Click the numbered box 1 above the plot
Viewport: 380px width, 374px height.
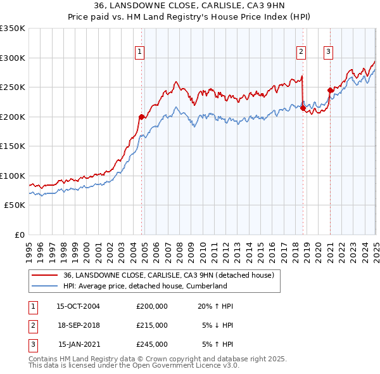pyautogui.click(x=139, y=53)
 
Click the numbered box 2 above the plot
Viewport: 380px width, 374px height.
pyautogui.click(x=301, y=53)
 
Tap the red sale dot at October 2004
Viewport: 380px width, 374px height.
pyautogui.click(x=141, y=117)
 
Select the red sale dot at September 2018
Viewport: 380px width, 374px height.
pyautogui.click(x=303, y=108)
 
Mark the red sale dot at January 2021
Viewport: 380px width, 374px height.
pyautogui.click(x=330, y=90)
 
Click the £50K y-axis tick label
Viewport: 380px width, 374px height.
pyautogui.click(x=15, y=205)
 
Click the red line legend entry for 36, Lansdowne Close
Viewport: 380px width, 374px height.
pyautogui.click(x=168, y=275)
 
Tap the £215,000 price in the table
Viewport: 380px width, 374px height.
pyautogui.click(x=152, y=325)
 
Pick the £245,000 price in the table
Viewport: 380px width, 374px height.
pyautogui.click(x=152, y=344)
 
